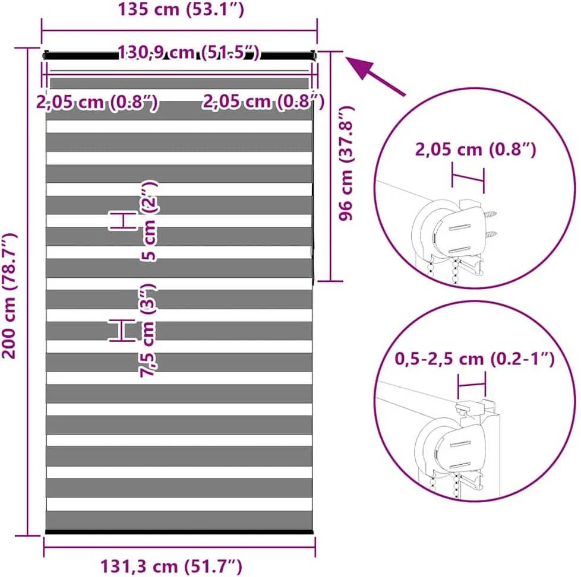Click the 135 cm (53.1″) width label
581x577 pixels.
point(181,9)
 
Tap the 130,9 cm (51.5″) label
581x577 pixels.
point(189,53)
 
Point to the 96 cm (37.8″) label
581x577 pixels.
point(347,163)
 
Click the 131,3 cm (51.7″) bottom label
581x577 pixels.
point(171,566)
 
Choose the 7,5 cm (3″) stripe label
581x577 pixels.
point(148,330)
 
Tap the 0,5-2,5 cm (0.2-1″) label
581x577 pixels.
point(475,359)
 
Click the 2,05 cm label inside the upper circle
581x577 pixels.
point(475,150)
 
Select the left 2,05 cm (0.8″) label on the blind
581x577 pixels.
point(97,102)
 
